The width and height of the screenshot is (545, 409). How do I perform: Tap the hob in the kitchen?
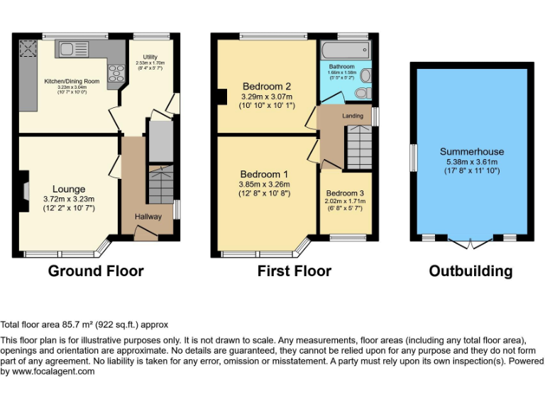(x=114, y=72)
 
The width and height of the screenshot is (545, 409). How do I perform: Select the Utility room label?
(x=150, y=57)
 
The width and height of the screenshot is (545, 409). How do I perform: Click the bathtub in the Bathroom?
(x=345, y=50)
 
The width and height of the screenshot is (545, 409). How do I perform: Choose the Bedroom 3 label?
(x=345, y=193)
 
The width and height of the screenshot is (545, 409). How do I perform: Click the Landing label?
(x=353, y=116)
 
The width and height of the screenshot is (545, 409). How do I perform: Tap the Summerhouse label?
(x=471, y=151)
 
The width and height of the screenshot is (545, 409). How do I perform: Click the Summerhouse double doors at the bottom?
(x=471, y=244)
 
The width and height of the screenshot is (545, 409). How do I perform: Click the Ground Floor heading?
(x=96, y=271)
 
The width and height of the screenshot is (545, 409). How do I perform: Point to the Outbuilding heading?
(x=470, y=271)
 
